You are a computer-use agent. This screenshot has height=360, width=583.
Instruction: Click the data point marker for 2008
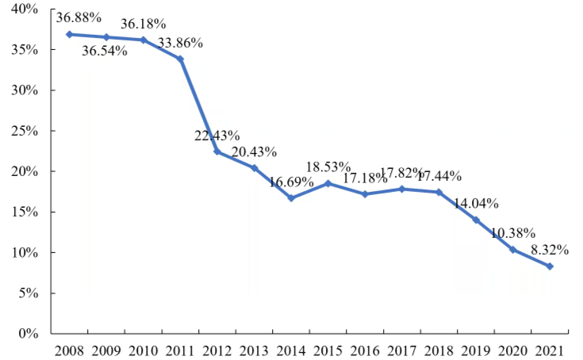tap(69, 34)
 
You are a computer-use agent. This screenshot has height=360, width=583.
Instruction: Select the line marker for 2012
tap(217, 151)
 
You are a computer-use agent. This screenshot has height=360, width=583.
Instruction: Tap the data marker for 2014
tap(291, 198)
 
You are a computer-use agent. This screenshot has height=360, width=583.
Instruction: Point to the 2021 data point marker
tap(550, 266)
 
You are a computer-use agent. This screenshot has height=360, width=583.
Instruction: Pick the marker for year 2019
tap(476, 220)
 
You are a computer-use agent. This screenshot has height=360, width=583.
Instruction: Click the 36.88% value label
tap(79, 17)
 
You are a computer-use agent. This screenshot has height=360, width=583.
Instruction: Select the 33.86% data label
tap(180, 43)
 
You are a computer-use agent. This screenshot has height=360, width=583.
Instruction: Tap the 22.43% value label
tap(217, 136)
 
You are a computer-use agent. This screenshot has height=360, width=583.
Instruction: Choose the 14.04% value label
tap(476, 203)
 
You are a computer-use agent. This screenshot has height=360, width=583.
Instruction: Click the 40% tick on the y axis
tap(25, 9)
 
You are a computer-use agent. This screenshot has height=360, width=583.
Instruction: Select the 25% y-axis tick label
tap(25, 131)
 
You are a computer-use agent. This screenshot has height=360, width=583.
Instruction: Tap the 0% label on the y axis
tap(29, 334)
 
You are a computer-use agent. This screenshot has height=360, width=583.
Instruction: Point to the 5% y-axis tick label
tap(29, 293)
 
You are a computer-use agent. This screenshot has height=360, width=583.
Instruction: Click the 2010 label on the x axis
tap(143, 350)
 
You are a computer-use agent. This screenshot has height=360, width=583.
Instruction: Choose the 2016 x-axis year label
tap(365, 350)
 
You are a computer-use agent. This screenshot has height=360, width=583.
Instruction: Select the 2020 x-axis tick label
tap(512, 350)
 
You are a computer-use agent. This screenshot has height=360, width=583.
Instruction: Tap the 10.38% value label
tap(512, 233)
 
